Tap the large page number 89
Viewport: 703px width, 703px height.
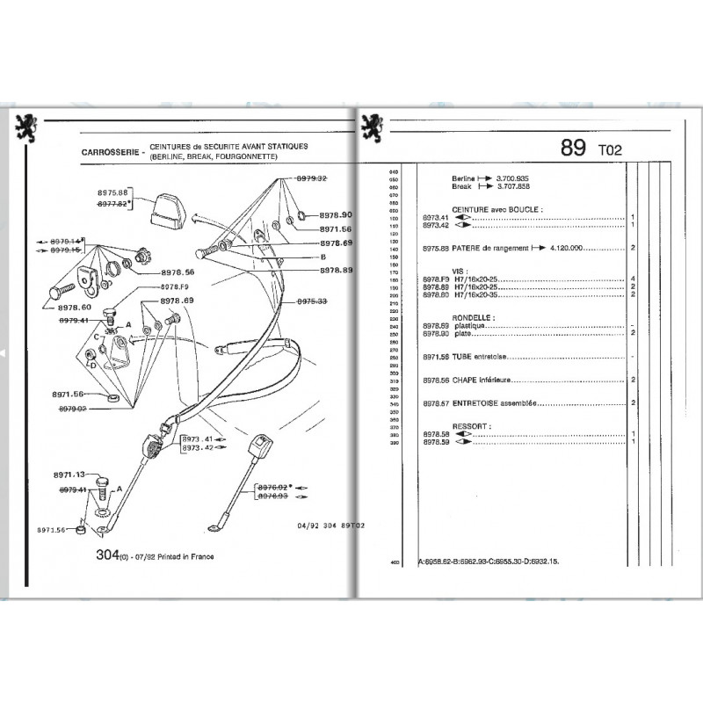(574, 149)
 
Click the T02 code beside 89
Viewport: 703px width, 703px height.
(609, 150)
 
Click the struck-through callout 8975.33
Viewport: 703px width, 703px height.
(311, 301)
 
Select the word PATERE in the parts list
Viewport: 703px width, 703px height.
(467, 249)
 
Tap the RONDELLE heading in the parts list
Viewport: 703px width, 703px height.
(471, 317)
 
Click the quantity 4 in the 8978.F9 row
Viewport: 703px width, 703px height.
(634, 279)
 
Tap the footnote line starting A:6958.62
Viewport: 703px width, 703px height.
(500, 560)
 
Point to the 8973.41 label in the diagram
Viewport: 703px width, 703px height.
(198, 438)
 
